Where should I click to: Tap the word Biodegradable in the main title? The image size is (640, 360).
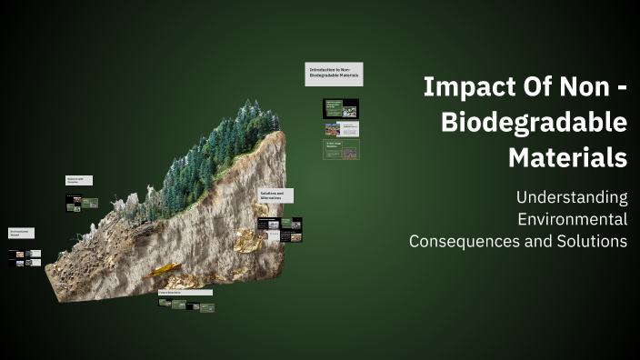[534, 123]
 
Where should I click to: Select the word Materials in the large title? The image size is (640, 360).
[567, 157]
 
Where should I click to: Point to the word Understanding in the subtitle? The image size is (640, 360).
[571, 196]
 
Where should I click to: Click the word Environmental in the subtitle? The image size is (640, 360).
[572, 219]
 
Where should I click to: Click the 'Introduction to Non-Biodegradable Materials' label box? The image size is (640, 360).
[334, 75]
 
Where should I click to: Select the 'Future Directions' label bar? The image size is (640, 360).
[185, 293]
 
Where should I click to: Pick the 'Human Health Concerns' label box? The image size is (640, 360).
[77, 181]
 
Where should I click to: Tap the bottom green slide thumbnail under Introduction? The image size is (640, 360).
[341, 149]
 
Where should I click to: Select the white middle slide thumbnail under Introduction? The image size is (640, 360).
[341, 129]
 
